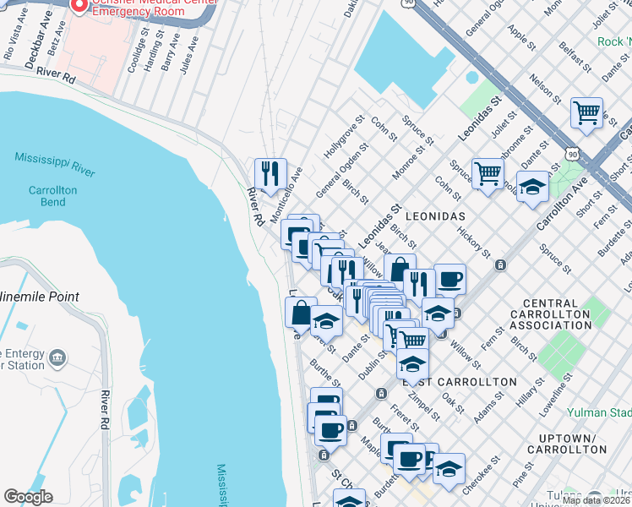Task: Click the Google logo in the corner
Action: (x=28, y=497)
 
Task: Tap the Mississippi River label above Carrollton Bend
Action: (x=54, y=164)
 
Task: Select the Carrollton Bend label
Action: (x=52, y=196)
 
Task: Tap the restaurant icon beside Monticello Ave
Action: (x=270, y=174)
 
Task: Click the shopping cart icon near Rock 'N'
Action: (x=586, y=112)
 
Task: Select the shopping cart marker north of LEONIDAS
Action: (x=488, y=174)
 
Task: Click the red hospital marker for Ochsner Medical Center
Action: (x=79, y=6)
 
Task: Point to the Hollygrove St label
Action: (x=342, y=142)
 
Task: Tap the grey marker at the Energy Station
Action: (x=57, y=357)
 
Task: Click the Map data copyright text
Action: (x=596, y=500)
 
